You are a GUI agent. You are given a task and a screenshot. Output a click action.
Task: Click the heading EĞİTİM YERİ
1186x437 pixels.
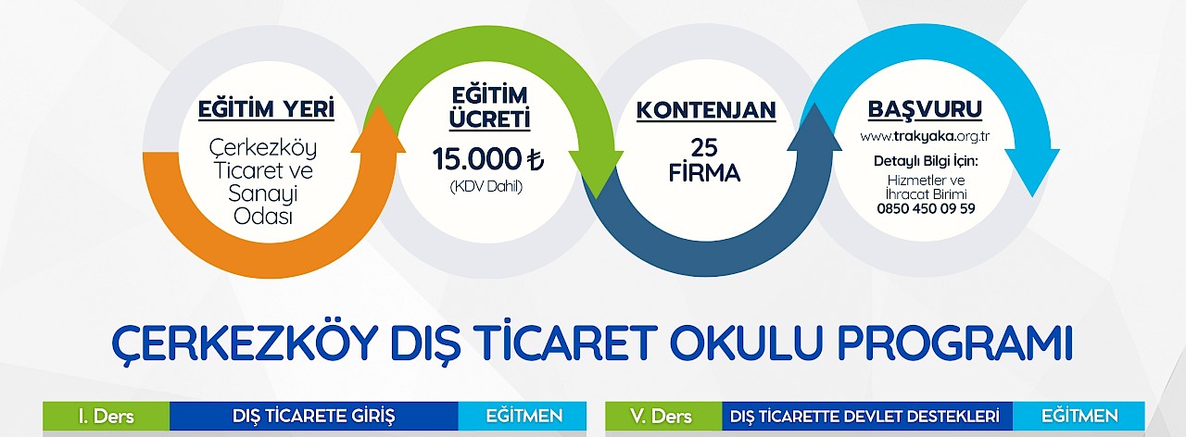(266, 109)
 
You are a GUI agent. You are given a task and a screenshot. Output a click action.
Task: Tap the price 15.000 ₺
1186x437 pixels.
(487, 158)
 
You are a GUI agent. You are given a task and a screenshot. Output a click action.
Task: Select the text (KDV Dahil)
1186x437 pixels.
(486, 187)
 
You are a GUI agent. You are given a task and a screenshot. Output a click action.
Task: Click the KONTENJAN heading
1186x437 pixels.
(706, 110)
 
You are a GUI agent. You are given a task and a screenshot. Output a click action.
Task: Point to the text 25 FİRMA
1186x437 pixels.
(704, 160)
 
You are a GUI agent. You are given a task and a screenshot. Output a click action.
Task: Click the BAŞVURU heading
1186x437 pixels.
(925, 109)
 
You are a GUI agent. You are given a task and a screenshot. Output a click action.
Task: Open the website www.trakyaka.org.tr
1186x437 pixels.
(925, 136)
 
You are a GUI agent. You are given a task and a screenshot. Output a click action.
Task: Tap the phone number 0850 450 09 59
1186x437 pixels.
(926, 208)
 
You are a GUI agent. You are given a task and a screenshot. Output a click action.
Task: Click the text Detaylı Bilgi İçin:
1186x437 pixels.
(926, 161)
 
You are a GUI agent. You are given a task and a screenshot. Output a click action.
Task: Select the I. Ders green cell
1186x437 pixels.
(106, 416)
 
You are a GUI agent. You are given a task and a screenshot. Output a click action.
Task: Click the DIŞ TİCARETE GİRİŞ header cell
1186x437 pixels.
(313, 416)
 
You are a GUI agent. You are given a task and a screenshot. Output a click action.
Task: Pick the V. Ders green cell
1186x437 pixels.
(663, 416)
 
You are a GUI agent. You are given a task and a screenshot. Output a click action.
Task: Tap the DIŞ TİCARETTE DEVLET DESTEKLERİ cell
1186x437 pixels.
(867, 416)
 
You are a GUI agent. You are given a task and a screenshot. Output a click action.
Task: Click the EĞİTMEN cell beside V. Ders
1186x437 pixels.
(1079, 416)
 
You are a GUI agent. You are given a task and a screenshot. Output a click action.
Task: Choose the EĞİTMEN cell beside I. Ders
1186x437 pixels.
(522, 416)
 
